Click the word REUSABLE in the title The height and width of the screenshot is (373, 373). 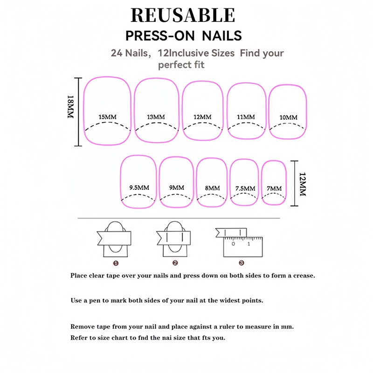[x=183, y=15]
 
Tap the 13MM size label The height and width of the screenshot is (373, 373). [x=156, y=117]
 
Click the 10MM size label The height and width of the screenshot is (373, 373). [x=288, y=117]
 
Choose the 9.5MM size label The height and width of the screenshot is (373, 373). [x=138, y=187]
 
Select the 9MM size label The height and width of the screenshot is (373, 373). [x=177, y=187]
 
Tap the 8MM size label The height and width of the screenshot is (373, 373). [x=212, y=188]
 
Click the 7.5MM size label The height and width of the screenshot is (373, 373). [x=245, y=188]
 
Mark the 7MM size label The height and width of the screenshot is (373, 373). [x=274, y=188]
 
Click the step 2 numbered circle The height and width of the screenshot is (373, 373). [x=175, y=263]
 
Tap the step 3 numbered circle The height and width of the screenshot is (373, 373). [x=241, y=263]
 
